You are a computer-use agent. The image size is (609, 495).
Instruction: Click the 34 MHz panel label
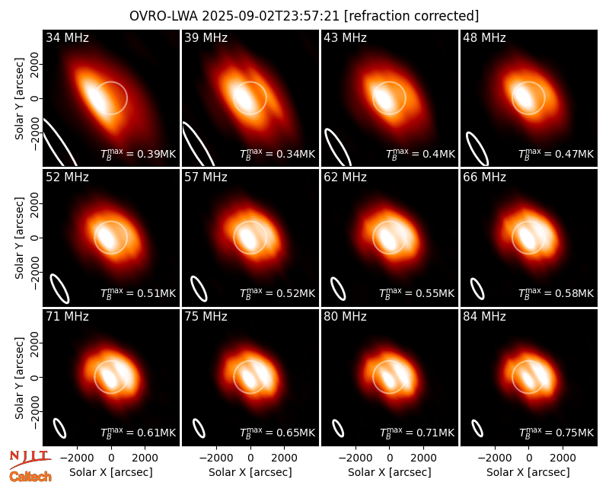[x=67, y=37]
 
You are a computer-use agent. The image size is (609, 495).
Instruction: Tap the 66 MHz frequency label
[x=484, y=177]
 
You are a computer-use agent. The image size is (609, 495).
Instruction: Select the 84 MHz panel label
[x=484, y=317]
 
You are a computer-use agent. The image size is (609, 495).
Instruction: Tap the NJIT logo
[x=30, y=459]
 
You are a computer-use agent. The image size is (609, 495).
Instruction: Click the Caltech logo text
[x=30, y=477]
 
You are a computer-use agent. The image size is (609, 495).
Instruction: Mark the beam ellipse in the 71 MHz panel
[x=59, y=429]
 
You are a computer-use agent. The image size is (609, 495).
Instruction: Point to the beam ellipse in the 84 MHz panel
[x=477, y=428]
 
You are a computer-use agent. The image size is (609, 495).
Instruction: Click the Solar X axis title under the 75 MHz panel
[x=250, y=472]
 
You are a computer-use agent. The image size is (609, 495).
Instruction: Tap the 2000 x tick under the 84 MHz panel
[x=563, y=458]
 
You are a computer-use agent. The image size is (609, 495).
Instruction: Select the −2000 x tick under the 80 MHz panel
[x=356, y=458]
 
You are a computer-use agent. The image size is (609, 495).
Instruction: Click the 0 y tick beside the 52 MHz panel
[x=35, y=238]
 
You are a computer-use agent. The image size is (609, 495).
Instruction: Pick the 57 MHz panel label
[x=206, y=177]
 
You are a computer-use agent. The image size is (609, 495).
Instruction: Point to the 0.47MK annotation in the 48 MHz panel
[x=556, y=154]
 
